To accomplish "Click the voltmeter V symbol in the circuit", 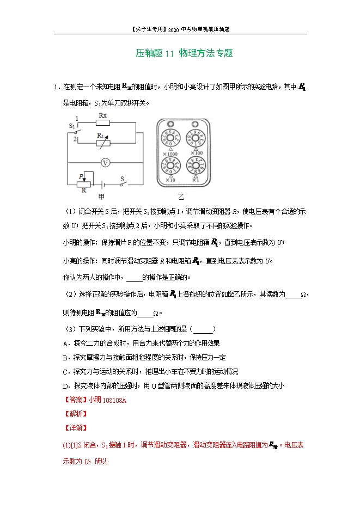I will click(x=107, y=162).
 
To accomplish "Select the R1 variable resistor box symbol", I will click(x=103, y=143).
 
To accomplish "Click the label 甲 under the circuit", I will click(x=101, y=195).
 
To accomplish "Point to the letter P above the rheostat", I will click(x=80, y=176).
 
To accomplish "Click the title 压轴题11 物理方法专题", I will click(x=184, y=53).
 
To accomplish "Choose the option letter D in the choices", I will click(x=65, y=386).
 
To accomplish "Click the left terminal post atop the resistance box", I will click(x=170, y=123).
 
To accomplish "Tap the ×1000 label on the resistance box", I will click(x=170, y=154).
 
